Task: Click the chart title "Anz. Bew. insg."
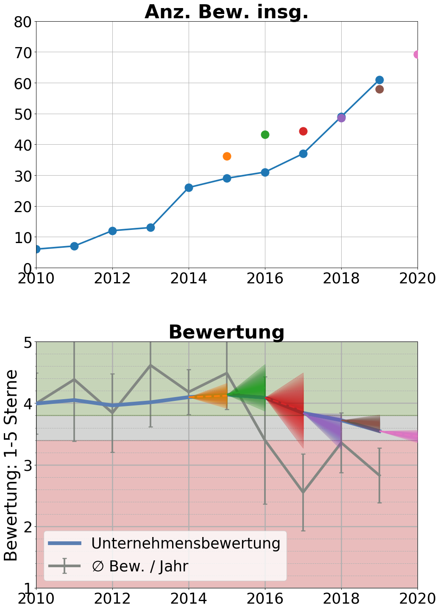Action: pyautogui.click(x=226, y=12)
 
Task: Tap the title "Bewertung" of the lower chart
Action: pyautogui.click(x=226, y=332)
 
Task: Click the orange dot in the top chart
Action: pyautogui.click(x=227, y=156)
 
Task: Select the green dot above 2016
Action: pyautogui.click(x=265, y=134)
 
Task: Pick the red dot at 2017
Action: pyautogui.click(x=303, y=131)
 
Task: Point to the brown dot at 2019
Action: pyautogui.click(x=379, y=89)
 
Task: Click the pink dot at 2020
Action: pyautogui.click(x=417, y=54)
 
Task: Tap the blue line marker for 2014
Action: pyautogui.click(x=189, y=187)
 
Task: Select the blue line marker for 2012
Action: pyautogui.click(x=112, y=231)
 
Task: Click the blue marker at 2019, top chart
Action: pyautogui.click(x=379, y=80)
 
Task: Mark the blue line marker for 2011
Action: pyautogui.click(x=74, y=246)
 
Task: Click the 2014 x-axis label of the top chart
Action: pyautogui.click(x=189, y=279)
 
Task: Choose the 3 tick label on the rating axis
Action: pyautogui.click(x=27, y=465)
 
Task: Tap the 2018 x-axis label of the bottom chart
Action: pyautogui.click(x=341, y=599)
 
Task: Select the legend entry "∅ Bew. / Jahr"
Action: pyautogui.click(x=140, y=566)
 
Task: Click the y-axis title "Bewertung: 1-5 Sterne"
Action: pyautogui.click(x=11, y=465)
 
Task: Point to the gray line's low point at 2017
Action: pyautogui.click(x=303, y=492)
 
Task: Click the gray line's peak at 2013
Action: pyautogui.click(x=150, y=365)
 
